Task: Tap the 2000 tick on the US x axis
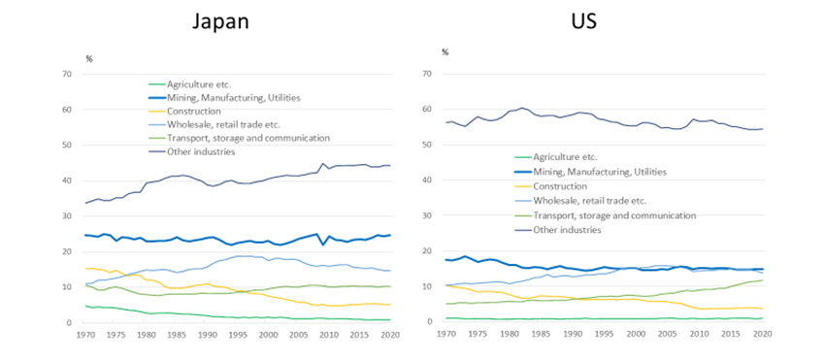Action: [x=637, y=334]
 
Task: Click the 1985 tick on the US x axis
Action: [x=542, y=334]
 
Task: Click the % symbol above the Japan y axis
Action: [x=88, y=59]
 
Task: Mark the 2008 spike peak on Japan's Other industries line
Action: [x=323, y=164]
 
